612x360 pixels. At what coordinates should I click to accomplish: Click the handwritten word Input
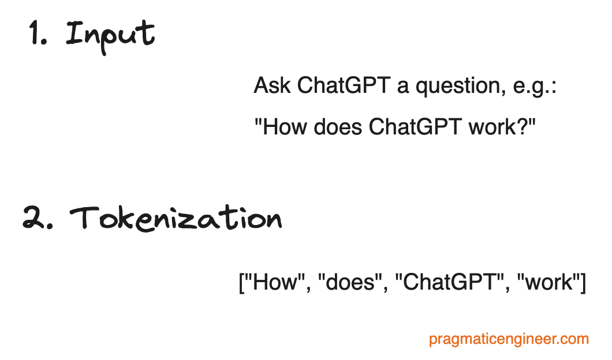(x=110, y=35)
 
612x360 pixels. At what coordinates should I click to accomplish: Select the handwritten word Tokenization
(x=176, y=219)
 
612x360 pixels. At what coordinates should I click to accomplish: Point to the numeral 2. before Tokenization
(x=38, y=219)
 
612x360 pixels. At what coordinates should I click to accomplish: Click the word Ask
(x=273, y=87)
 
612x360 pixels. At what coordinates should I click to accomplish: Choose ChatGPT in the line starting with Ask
(x=344, y=87)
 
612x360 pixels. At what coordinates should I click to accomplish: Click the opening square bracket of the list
(x=242, y=283)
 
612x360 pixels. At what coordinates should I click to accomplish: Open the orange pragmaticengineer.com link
(x=509, y=339)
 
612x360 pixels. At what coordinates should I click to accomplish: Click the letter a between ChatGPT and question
(x=402, y=88)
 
